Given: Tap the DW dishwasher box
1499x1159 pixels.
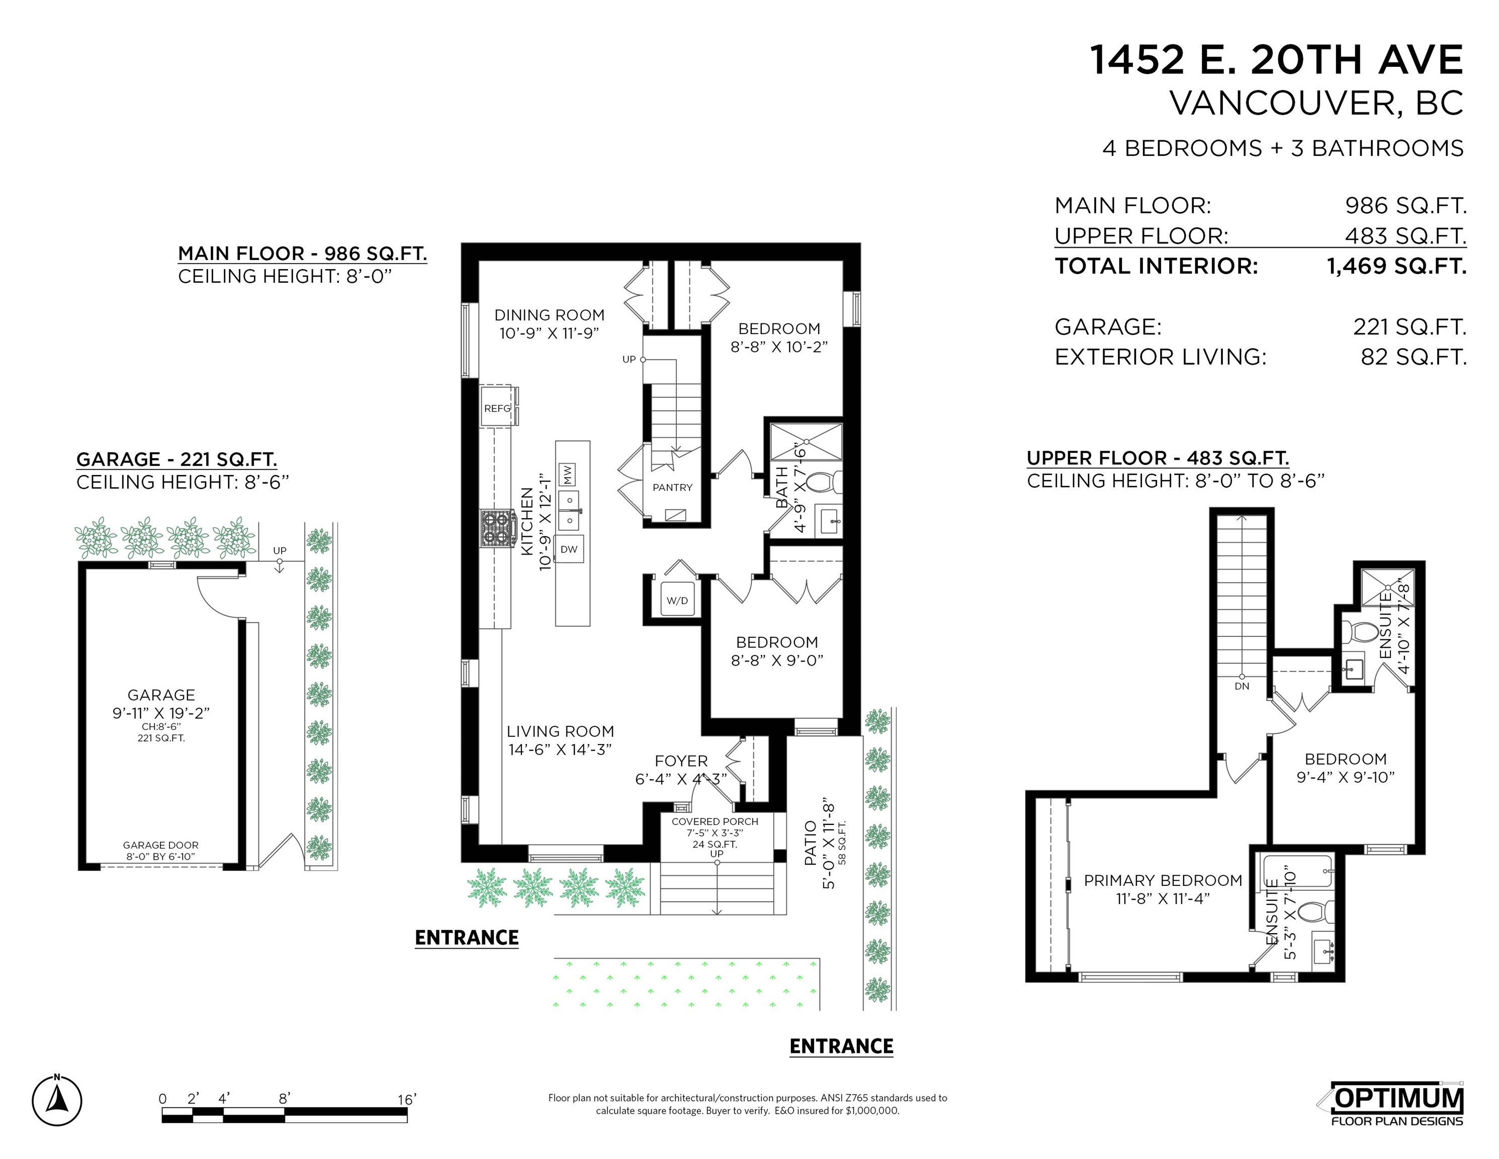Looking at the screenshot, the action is pos(569,549).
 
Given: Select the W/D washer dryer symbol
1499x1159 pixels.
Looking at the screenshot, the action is pos(677,601).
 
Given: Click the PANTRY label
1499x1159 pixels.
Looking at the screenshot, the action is pos(673,487).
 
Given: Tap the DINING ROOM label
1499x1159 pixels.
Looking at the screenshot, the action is pos(550,315).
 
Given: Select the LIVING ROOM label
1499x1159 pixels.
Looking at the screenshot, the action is pos(560,731).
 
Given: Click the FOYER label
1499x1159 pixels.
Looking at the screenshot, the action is pos(681,761).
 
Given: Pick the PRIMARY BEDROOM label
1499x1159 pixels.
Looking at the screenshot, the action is pos(1163,880).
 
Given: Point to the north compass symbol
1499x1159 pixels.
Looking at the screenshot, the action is pos(57,1101).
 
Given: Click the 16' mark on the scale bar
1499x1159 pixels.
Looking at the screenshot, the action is pos(406,1099).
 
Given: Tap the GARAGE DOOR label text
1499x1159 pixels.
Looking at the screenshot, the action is pos(160,845).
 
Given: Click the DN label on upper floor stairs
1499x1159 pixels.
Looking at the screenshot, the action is pos(1242,686).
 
